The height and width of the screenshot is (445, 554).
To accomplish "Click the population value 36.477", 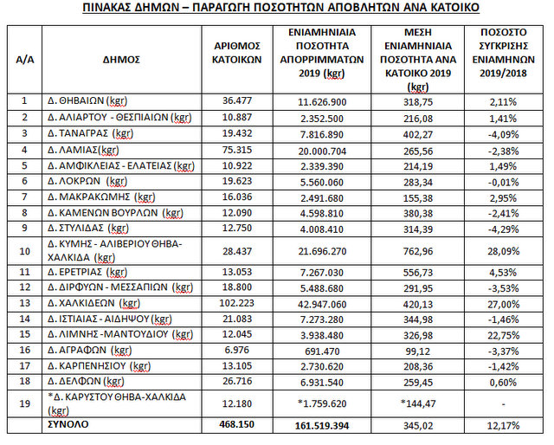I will pos(238,100).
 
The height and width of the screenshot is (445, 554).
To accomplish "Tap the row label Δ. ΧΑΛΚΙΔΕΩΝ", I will pos(93,304).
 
